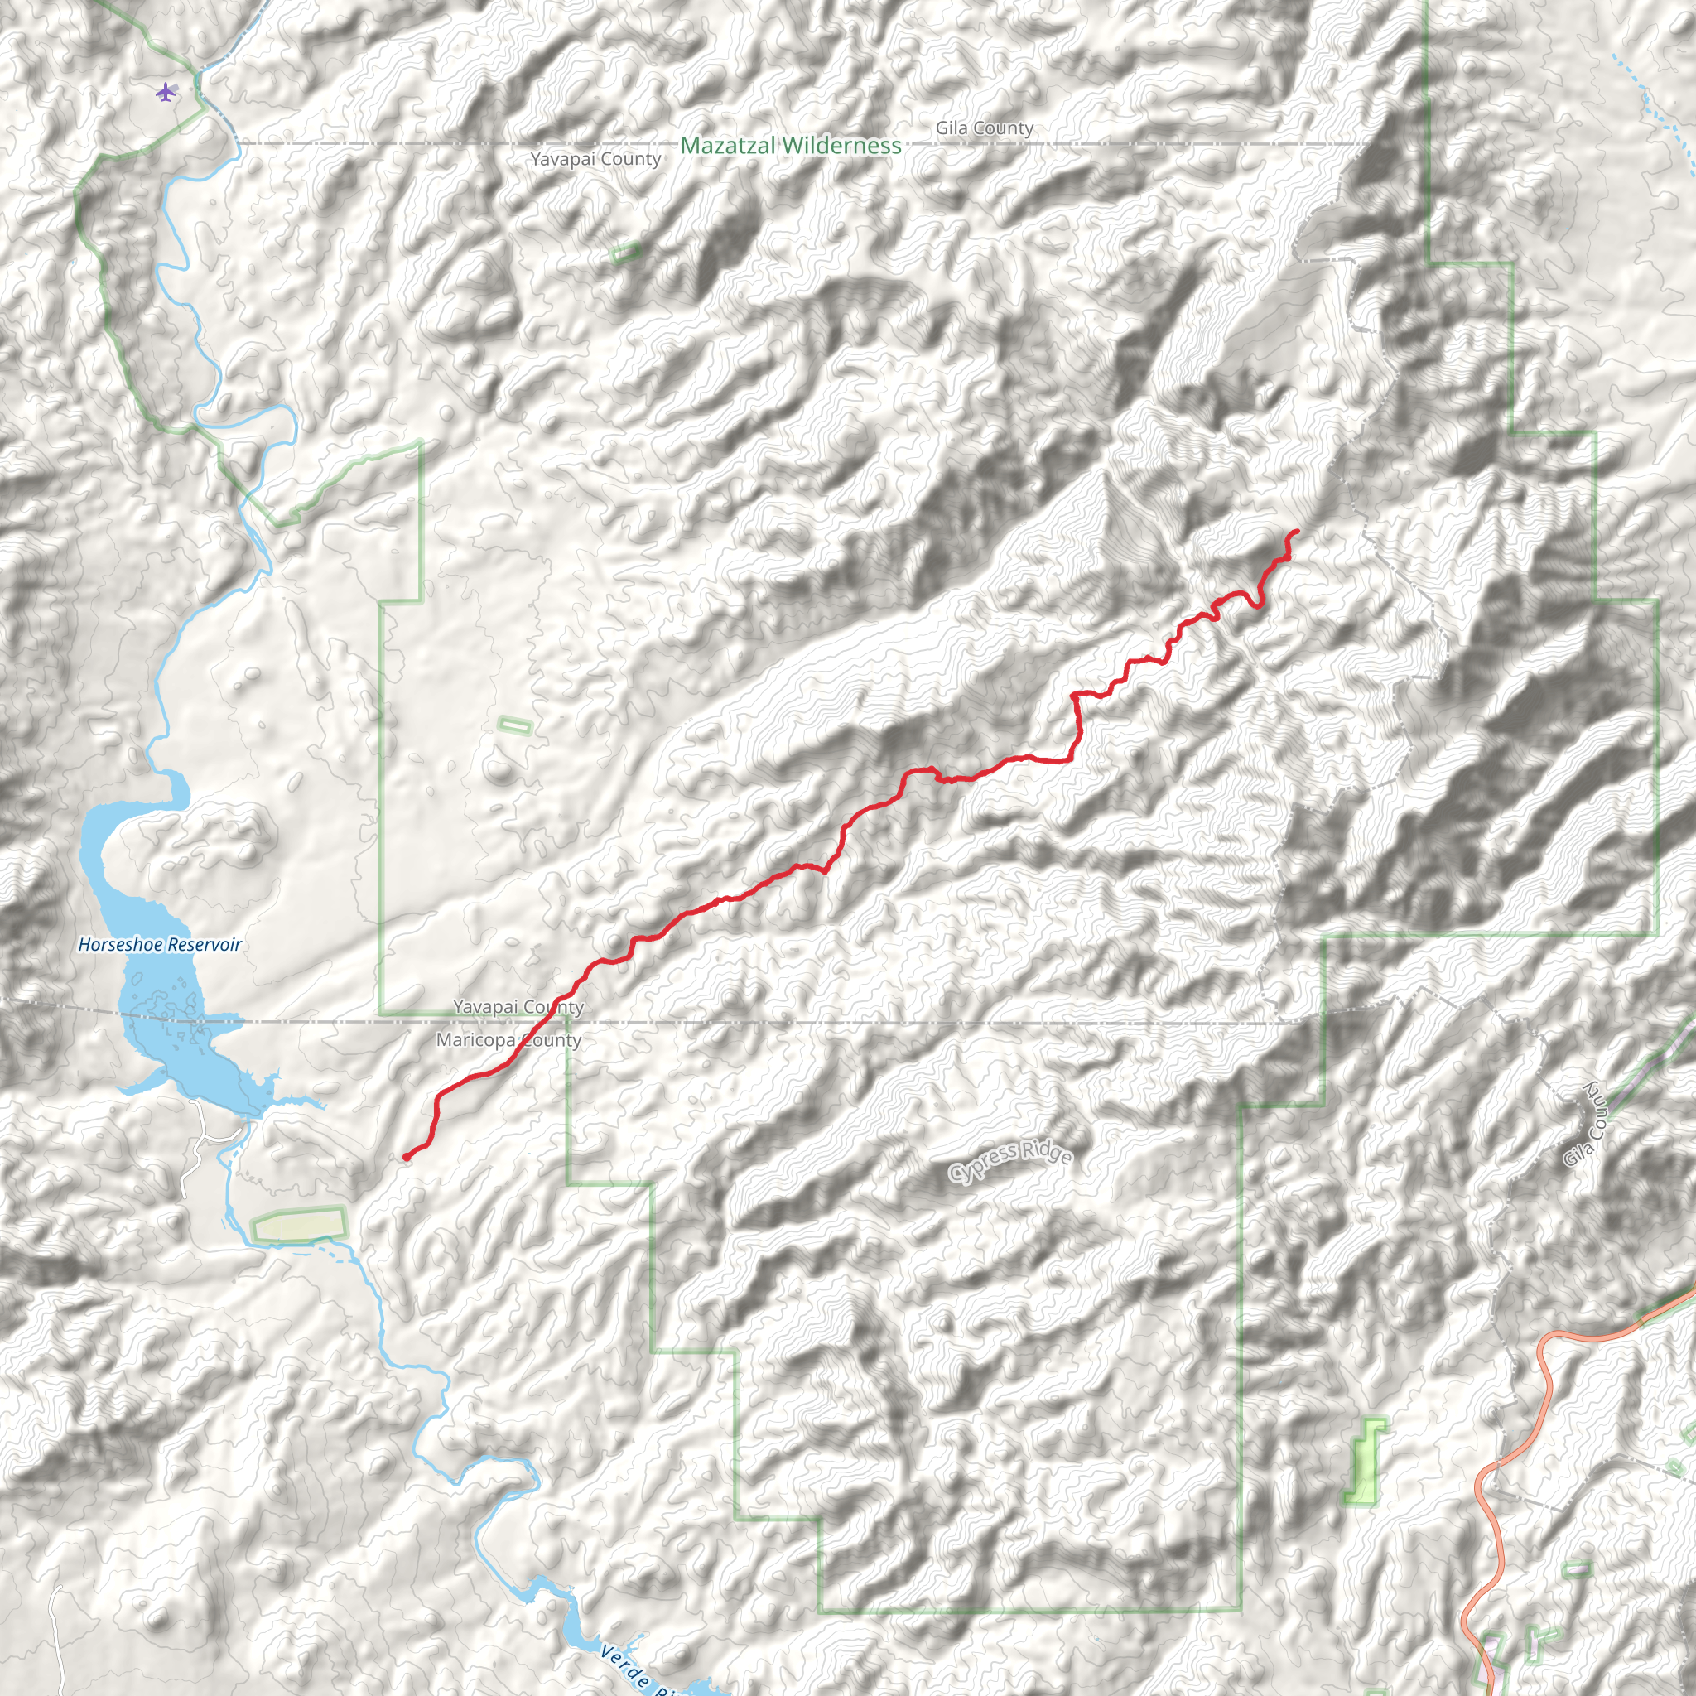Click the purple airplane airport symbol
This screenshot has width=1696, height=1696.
[x=165, y=91]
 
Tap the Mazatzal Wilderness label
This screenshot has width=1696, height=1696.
[x=790, y=146]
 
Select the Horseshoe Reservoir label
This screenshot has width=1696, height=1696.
[x=160, y=945]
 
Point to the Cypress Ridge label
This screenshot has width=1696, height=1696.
[x=1010, y=1157]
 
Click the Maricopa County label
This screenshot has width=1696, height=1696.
[x=508, y=1040]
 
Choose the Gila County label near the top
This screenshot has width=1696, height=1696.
[x=984, y=128]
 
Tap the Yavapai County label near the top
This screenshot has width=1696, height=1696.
[x=595, y=159]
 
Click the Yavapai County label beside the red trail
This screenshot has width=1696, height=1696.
[x=518, y=1007]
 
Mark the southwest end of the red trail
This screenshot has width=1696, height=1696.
[x=407, y=1157]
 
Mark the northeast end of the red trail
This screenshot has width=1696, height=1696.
[x=1298, y=532]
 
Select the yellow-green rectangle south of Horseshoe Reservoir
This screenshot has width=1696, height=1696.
[x=298, y=1225]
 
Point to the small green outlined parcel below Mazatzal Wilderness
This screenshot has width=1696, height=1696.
[x=625, y=253]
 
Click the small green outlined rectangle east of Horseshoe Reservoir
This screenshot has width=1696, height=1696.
[x=514, y=725]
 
